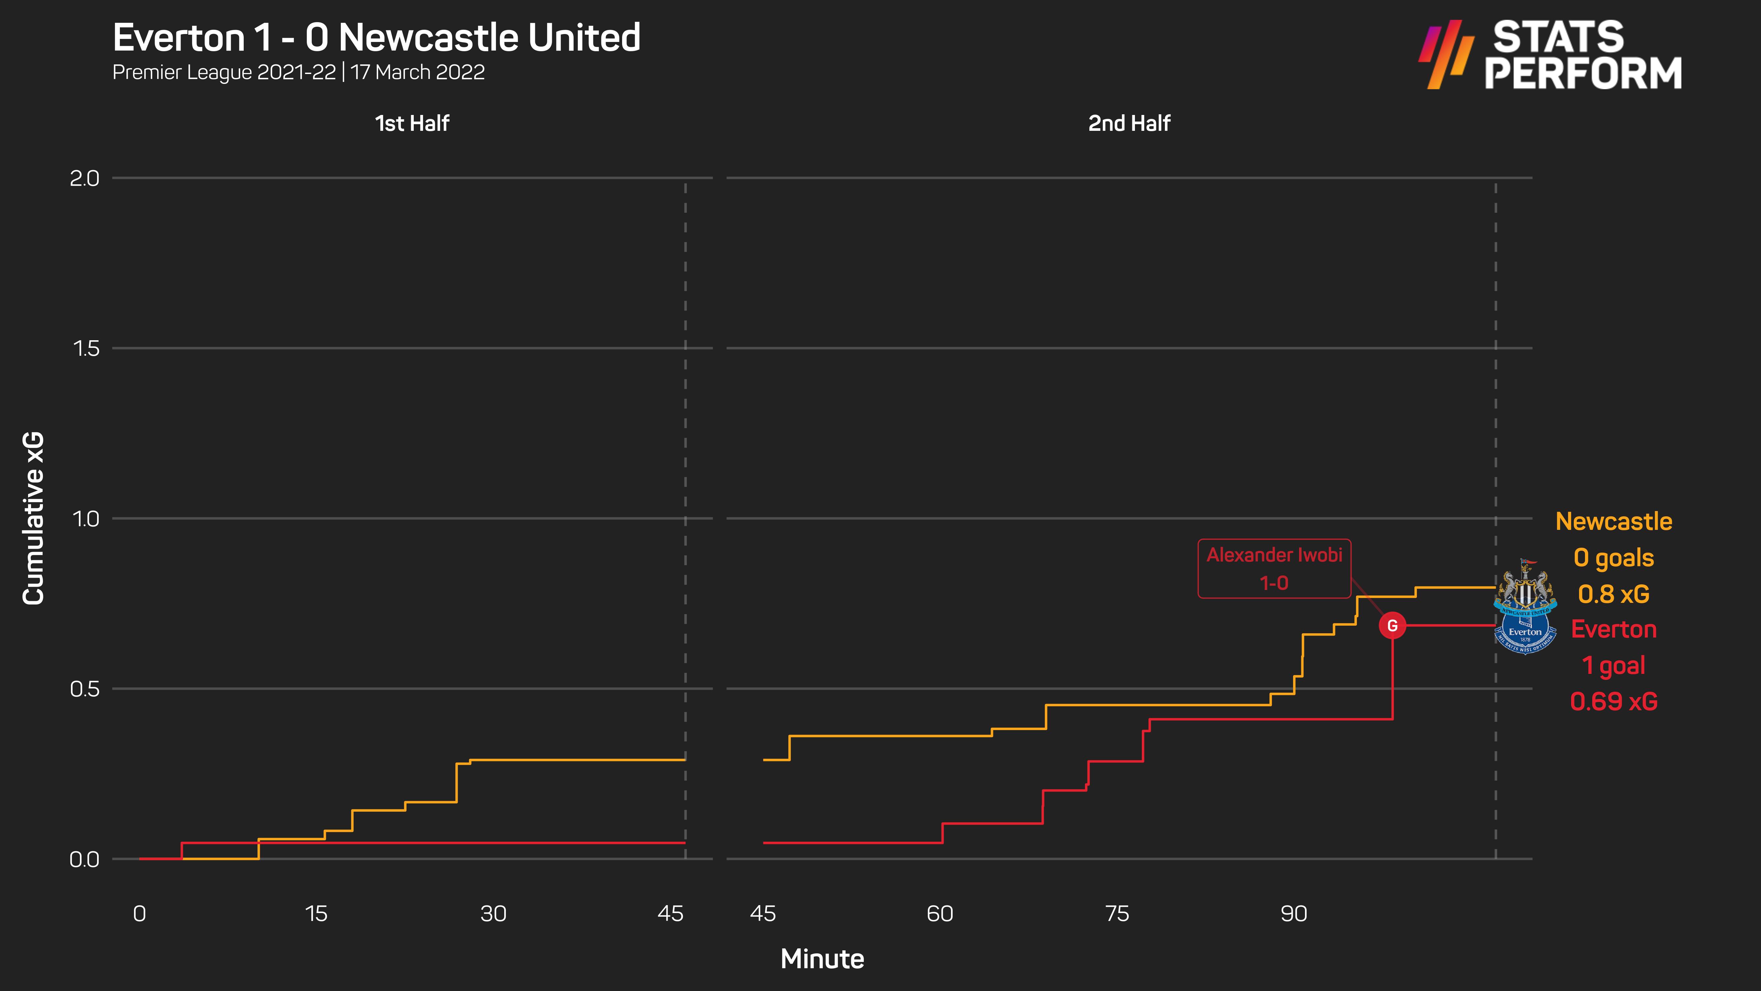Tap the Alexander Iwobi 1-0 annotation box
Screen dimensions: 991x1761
point(1274,568)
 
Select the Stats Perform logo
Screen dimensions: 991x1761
point(1550,55)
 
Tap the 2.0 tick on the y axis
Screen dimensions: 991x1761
point(85,178)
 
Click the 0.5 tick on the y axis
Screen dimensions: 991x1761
point(85,689)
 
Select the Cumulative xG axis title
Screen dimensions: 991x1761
point(33,518)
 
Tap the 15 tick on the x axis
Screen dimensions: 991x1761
point(316,914)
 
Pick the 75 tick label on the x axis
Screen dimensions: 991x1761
point(1117,914)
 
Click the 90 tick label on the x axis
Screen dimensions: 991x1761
point(1293,914)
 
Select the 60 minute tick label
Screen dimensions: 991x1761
point(940,914)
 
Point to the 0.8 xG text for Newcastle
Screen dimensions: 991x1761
point(1613,594)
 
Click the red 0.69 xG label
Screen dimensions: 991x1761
point(1613,701)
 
